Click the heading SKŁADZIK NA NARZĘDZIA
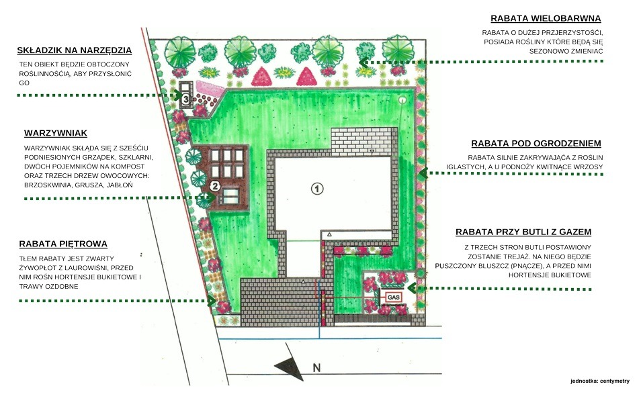click(x=75, y=50)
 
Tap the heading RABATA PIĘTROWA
click(x=64, y=244)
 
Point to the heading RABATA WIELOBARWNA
click(x=546, y=19)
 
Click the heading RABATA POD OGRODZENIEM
click(x=536, y=143)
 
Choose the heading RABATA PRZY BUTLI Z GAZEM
click(x=523, y=232)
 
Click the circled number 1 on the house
click(x=316, y=188)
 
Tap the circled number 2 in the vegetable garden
click(x=215, y=185)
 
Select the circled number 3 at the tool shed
click(x=185, y=98)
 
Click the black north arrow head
click(x=286, y=367)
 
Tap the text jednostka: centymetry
click(x=599, y=381)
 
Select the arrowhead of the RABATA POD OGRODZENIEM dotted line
click(x=423, y=173)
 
